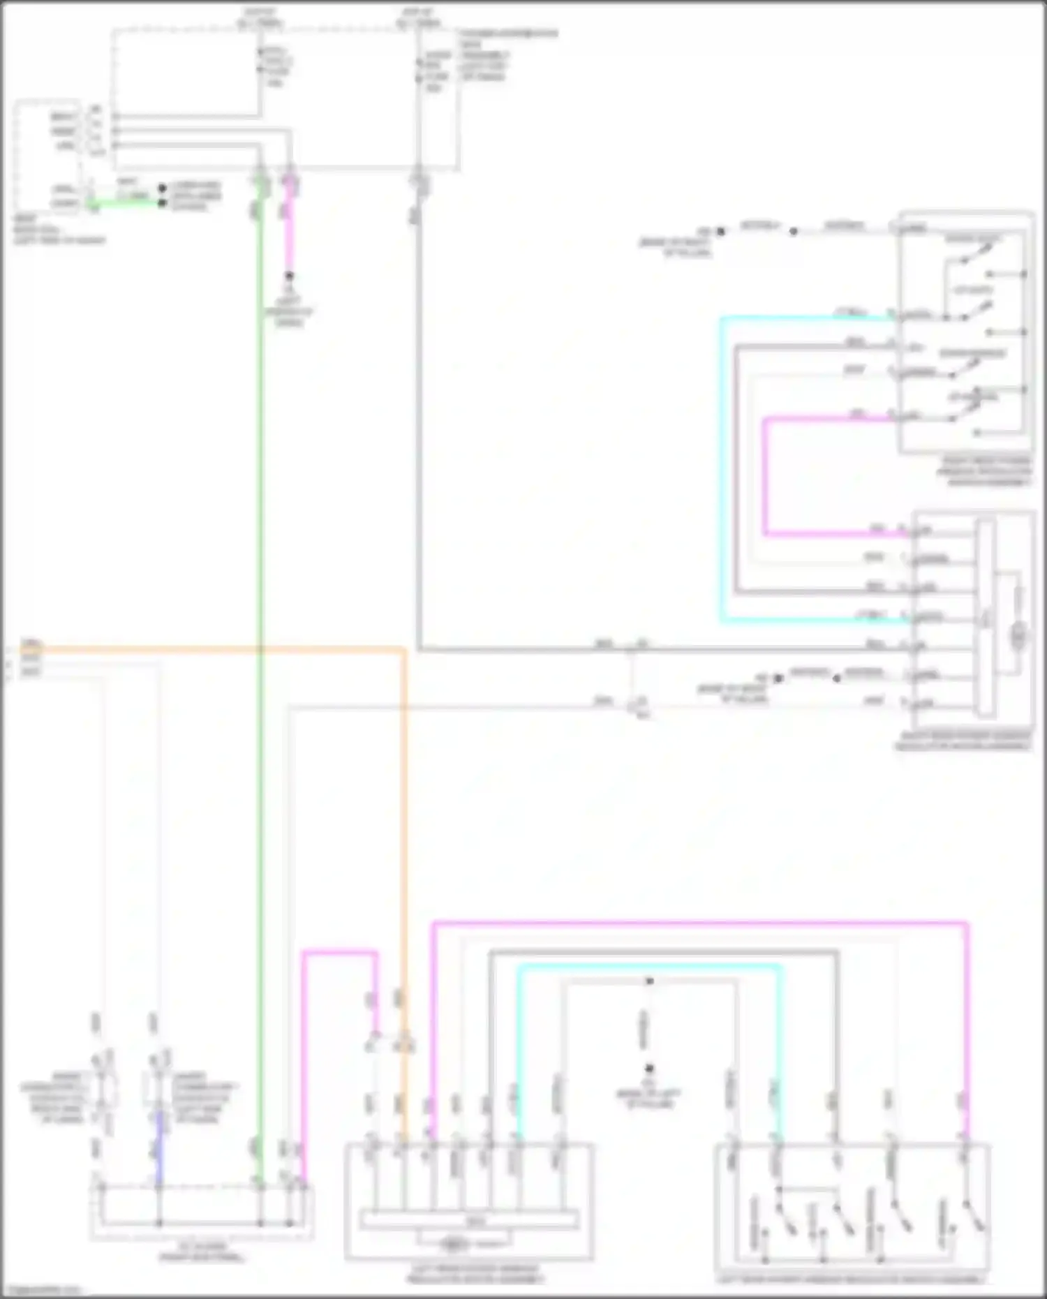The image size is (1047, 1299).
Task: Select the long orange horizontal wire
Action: tap(209, 649)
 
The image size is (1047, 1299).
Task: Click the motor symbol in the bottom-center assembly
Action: tap(454, 1244)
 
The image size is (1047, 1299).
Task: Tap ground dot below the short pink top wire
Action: tap(289, 276)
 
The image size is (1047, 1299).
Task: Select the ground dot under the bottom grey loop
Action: tap(649, 1068)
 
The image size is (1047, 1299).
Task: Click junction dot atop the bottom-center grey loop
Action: tap(649, 981)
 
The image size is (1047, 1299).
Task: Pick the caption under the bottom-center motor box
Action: tap(475, 1275)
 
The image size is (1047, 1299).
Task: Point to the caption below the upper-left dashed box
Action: tap(59, 230)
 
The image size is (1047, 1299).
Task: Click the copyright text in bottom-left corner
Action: tap(42, 1290)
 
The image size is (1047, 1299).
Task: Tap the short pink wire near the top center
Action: tap(289, 230)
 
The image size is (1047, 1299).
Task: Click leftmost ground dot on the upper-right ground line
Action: tap(721, 231)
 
